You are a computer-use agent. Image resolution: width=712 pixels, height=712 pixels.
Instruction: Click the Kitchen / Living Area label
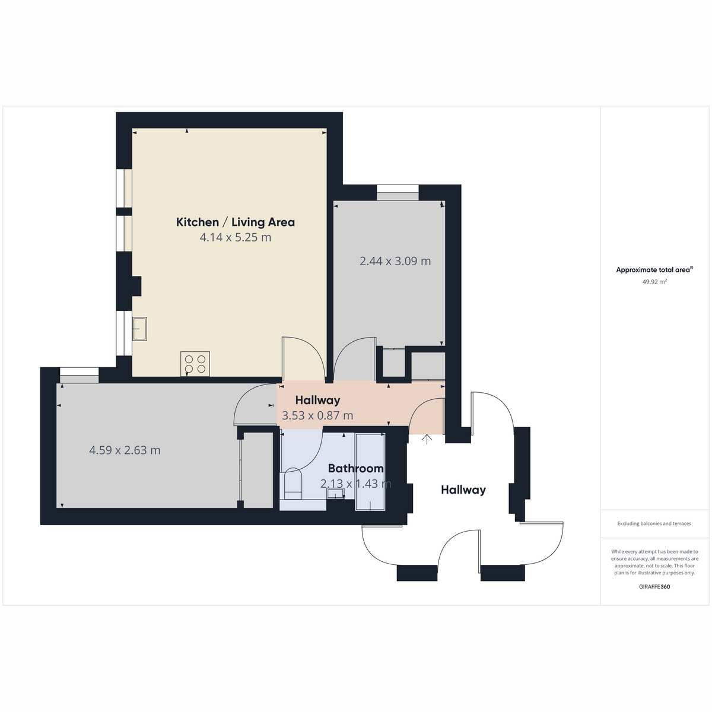(236, 222)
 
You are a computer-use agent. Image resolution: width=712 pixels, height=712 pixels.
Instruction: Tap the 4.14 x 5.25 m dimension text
(236, 237)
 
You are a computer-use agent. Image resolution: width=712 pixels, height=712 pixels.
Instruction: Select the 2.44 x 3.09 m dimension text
(395, 261)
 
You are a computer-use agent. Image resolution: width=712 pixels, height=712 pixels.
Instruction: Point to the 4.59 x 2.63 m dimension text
(125, 450)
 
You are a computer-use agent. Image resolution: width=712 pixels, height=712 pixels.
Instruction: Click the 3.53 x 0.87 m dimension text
(317, 416)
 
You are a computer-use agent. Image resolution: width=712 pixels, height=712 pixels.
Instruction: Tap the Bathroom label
(355, 469)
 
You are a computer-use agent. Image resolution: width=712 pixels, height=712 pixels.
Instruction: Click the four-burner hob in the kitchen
(195, 364)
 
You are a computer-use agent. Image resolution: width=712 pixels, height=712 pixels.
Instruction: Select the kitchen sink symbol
(139, 329)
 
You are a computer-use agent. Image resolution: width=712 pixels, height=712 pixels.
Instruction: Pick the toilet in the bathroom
(293, 484)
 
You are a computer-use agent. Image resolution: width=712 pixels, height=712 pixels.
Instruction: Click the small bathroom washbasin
(335, 493)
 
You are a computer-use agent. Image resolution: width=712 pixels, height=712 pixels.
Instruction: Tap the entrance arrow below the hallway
(427, 439)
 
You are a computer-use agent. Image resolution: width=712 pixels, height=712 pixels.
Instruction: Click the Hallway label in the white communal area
(463, 490)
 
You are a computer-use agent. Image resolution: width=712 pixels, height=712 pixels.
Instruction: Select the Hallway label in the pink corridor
(318, 400)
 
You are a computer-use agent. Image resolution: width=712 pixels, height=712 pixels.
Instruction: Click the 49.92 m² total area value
(654, 282)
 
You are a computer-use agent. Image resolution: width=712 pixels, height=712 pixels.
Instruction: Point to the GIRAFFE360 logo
(654, 587)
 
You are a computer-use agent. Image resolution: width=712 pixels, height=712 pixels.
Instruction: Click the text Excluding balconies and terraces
(654, 523)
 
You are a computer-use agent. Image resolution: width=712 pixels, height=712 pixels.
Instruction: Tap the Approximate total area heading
(654, 270)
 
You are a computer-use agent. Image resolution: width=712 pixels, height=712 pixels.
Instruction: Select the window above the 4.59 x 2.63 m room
(79, 376)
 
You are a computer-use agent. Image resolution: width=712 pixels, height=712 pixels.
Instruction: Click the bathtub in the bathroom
(370, 472)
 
